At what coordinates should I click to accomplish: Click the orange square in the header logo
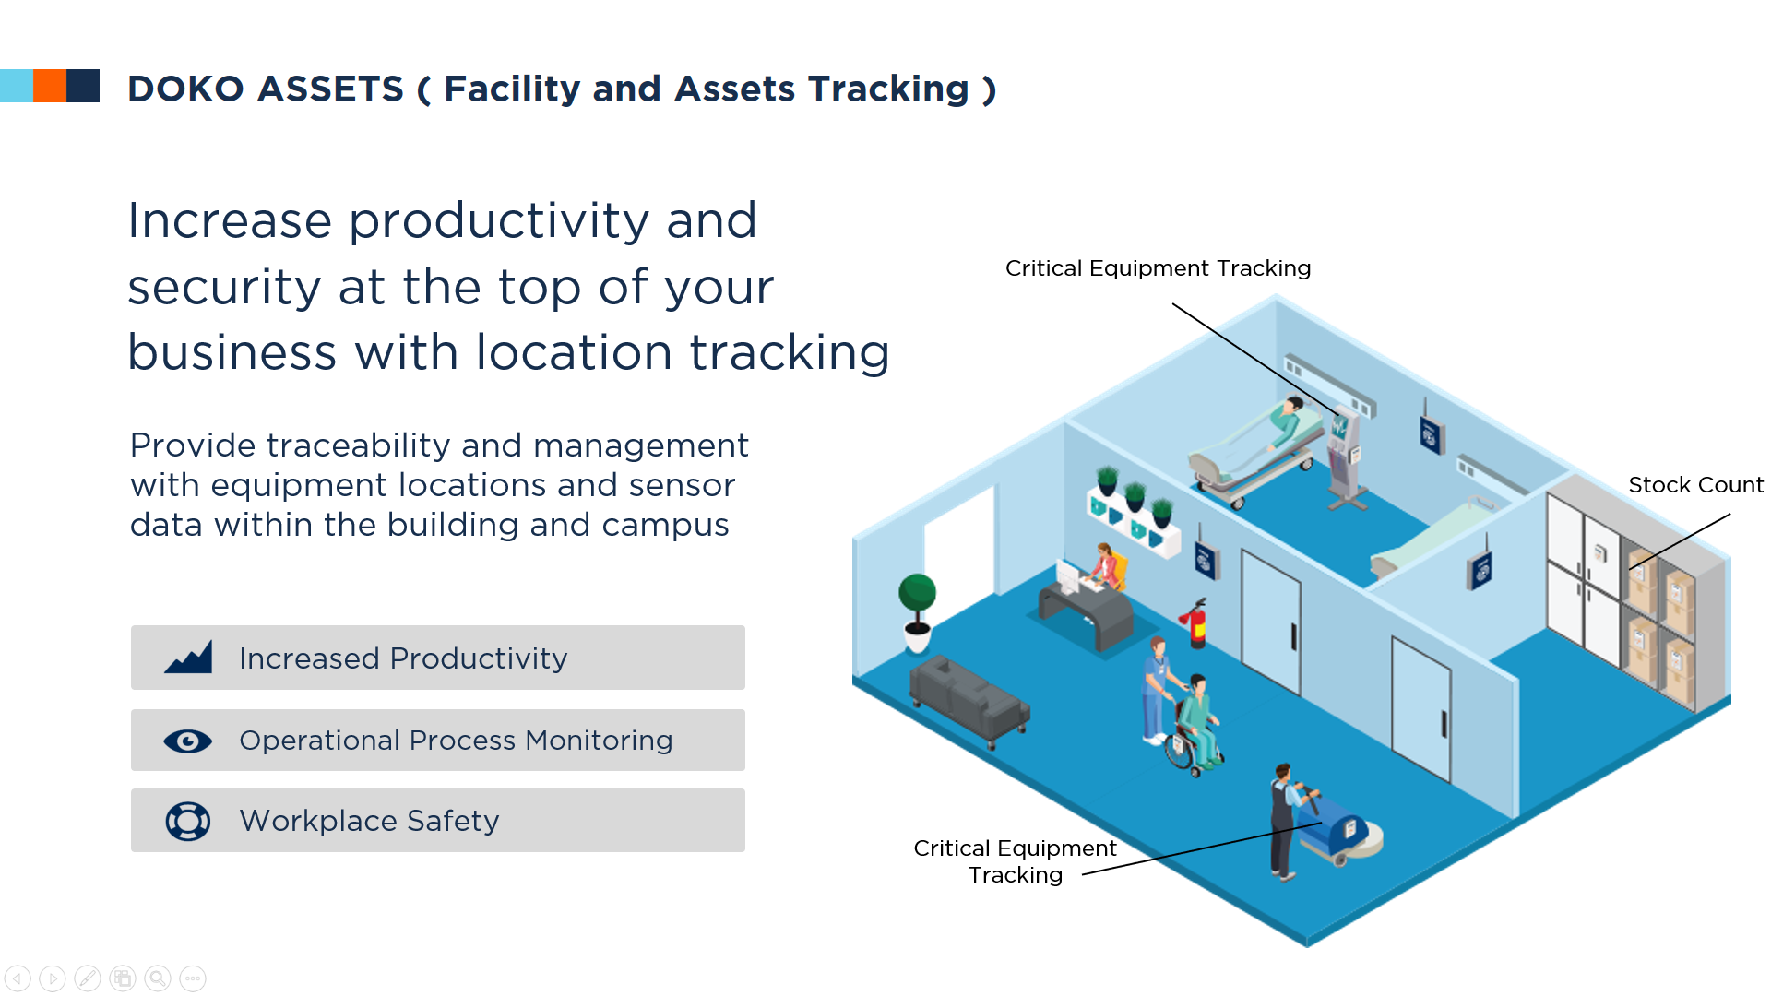click(50, 86)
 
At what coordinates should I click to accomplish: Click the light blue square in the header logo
click(17, 86)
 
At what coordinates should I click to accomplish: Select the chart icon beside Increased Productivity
click(188, 658)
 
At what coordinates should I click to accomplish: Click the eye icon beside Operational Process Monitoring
click(188, 741)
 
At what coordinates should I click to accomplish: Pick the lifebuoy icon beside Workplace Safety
click(188, 821)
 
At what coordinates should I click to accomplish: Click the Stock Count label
click(1695, 485)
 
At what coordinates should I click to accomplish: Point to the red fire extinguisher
click(1195, 623)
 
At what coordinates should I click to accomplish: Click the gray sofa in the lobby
click(969, 699)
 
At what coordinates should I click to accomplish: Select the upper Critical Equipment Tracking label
click(1158, 268)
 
